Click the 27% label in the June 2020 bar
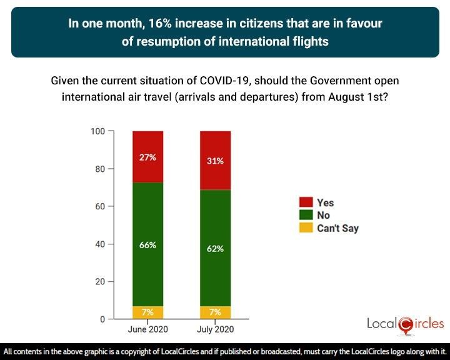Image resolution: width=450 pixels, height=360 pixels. pyautogui.click(x=147, y=157)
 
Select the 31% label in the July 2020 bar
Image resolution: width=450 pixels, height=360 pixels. pyautogui.click(x=215, y=161)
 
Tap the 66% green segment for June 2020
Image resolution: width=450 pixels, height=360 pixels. pyautogui.click(x=147, y=245)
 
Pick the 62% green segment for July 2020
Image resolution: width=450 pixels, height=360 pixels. pyautogui.click(x=215, y=249)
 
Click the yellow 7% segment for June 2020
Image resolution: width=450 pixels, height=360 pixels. pyautogui.click(x=147, y=312)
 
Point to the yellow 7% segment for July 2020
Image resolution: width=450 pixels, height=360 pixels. pyautogui.click(x=215, y=312)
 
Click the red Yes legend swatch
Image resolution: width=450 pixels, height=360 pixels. pyautogui.click(x=306, y=202)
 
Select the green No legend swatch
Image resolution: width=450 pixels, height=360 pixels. pyautogui.click(x=306, y=215)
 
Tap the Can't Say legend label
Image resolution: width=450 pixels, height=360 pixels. pyautogui.click(x=337, y=228)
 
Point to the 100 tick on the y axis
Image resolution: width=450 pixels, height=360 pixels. pyautogui.click(x=97, y=131)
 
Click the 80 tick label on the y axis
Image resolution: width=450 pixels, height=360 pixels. pyautogui.click(x=99, y=169)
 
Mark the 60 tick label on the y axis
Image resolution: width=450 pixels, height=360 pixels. pyautogui.click(x=99, y=206)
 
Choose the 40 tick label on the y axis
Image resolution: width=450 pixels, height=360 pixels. pyautogui.click(x=99, y=244)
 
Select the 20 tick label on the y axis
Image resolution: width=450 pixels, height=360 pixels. pyautogui.click(x=99, y=281)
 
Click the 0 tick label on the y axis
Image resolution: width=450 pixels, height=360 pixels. pyautogui.click(x=102, y=319)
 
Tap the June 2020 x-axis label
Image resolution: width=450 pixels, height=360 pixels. pyautogui.click(x=147, y=329)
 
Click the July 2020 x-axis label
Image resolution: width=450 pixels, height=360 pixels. pyautogui.click(x=215, y=329)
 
